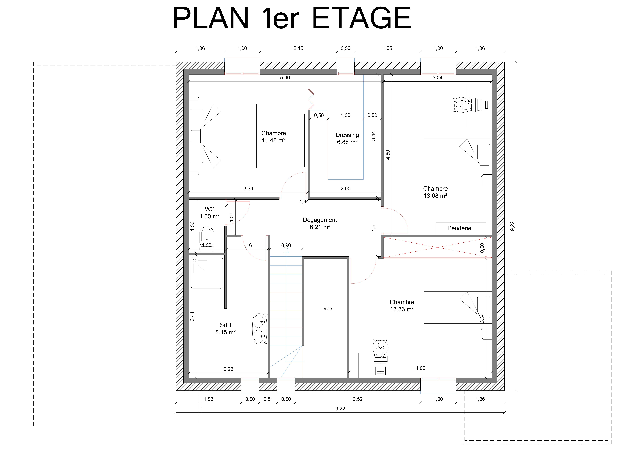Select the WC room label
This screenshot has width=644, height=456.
[x=210, y=213]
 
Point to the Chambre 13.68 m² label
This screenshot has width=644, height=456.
[x=435, y=192]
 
